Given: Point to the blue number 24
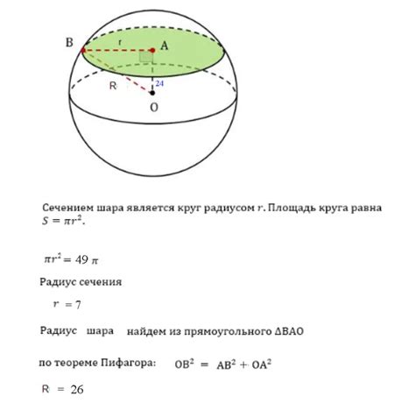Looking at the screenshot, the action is tap(159, 84).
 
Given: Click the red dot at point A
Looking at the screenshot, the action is tap(152, 51).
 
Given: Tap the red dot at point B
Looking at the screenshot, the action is tap(83, 51).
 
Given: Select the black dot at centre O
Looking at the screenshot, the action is tap(152, 92).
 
